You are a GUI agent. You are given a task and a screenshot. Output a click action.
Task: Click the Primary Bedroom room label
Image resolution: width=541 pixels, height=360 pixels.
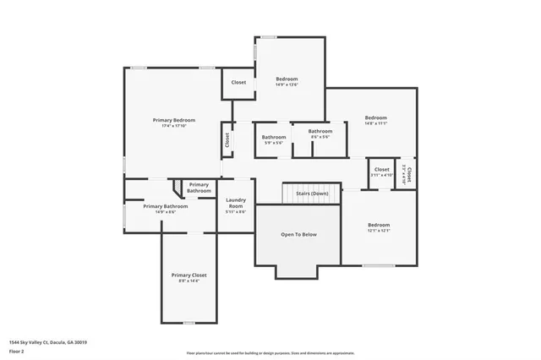(173, 120)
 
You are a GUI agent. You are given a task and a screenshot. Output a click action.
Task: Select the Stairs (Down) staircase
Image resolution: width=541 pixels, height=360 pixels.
(312, 194)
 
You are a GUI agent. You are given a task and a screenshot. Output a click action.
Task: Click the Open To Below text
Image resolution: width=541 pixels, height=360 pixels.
(298, 234)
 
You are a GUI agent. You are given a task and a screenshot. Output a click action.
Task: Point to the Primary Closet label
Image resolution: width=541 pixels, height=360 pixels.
(189, 275)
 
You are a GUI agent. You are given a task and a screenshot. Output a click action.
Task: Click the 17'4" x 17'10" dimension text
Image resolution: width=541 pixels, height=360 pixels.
(173, 126)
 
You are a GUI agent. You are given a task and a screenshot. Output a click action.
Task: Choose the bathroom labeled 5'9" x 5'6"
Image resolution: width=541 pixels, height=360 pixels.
(273, 139)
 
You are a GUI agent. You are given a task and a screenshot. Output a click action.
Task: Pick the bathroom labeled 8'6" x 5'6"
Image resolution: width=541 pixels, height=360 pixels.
(320, 134)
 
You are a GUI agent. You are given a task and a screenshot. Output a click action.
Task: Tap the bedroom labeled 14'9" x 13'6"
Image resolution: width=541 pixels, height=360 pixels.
(287, 81)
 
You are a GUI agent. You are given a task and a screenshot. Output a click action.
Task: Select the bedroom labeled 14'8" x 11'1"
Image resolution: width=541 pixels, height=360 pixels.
(375, 120)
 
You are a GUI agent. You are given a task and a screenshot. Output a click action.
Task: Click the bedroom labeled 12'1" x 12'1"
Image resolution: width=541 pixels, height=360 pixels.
(378, 226)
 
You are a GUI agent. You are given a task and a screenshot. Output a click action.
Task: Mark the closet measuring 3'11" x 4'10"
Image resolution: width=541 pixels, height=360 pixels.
(382, 172)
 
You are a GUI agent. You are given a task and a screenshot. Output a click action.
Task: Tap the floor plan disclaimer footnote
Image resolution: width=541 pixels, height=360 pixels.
(270, 352)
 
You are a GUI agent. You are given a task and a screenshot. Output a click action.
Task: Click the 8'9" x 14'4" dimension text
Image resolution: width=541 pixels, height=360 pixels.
(189, 281)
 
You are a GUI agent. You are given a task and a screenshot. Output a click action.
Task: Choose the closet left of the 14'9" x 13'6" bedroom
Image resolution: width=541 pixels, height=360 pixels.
(238, 83)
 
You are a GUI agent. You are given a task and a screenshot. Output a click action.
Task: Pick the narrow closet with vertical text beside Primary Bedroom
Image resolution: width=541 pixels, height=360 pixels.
(227, 139)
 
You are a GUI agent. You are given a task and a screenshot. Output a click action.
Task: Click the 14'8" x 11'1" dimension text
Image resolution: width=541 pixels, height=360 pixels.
(375, 123)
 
